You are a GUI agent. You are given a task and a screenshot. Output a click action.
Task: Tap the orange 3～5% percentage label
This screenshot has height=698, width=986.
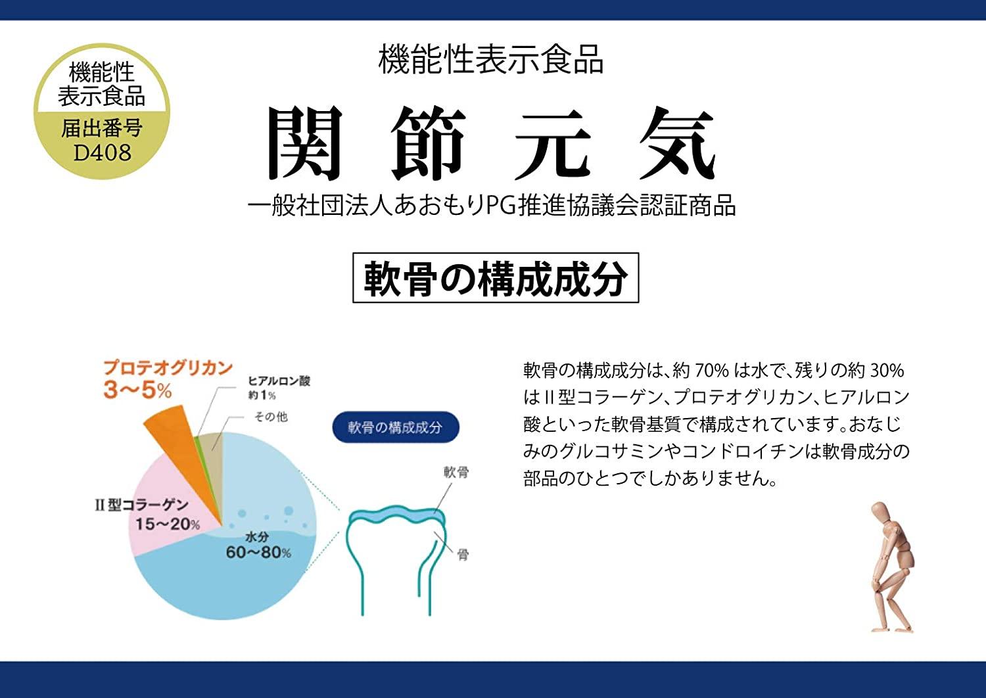(137, 390)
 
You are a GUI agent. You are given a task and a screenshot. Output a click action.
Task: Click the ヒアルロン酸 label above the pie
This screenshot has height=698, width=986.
(279, 381)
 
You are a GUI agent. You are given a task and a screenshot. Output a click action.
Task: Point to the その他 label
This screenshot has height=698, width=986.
(271, 417)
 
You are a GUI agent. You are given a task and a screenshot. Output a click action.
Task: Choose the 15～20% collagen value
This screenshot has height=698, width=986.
(167, 524)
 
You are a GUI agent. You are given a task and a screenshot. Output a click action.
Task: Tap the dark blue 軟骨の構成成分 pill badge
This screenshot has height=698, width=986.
(394, 428)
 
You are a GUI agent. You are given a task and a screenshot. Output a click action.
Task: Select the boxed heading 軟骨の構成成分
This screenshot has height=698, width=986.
(495, 278)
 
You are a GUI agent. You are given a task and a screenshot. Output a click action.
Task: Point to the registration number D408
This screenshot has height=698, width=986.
(102, 153)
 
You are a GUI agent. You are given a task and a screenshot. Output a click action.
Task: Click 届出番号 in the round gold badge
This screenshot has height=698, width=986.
(102, 128)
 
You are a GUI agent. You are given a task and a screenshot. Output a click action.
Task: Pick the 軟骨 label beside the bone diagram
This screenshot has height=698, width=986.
(456, 472)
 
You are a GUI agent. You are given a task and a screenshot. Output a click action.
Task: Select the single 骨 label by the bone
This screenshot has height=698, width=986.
(463, 554)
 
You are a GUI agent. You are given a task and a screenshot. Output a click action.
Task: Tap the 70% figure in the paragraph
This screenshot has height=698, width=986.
(711, 371)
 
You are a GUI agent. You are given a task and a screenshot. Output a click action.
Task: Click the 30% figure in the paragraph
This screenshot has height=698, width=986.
(887, 371)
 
